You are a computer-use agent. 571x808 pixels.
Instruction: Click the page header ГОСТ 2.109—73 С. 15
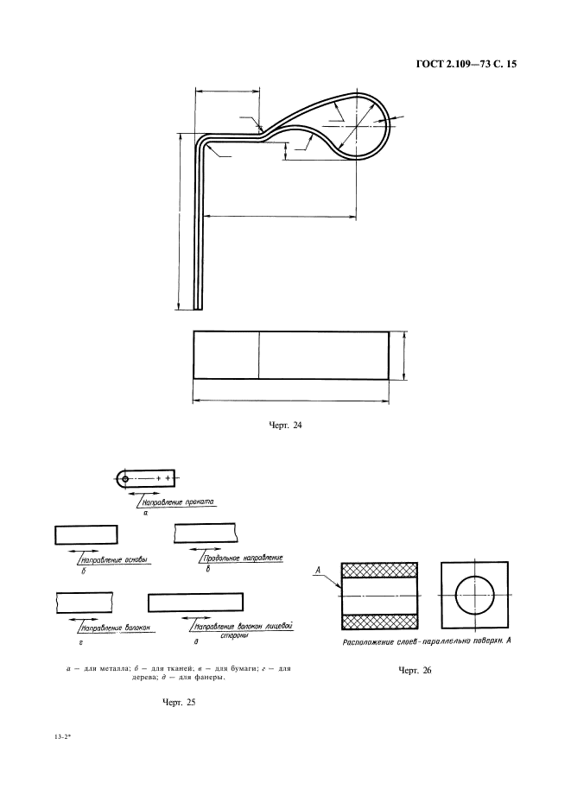pyautogui.click(x=465, y=64)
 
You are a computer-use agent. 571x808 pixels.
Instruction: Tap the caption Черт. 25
pyautogui.click(x=179, y=703)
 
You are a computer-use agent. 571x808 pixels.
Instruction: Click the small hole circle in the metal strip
pyautogui.click(x=125, y=478)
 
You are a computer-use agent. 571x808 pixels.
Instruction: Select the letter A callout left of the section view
pyautogui.click(x=320, y=571)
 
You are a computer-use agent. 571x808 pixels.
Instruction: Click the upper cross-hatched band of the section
pyautogui.click(x=379, y=570)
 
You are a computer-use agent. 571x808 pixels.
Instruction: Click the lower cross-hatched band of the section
pyautogui.click(x=379, y=621)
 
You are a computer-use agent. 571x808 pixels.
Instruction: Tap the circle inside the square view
pyautogui.click(x=474, y=596)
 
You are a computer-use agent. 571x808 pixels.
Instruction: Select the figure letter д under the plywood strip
pyautogui.click(x=197, y=642)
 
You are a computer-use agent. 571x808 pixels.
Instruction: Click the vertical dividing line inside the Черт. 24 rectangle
pyautogui.click(x=259, y=354)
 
